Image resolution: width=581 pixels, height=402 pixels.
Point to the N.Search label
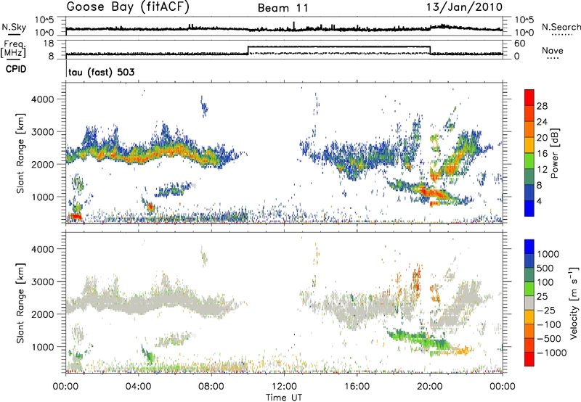pyautogui.click(x=558, y=27)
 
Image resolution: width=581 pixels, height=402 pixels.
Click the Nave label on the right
pyautogui.click(x=553, y=51)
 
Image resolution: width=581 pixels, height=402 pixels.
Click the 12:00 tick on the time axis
pyautogui.click(x=284, y=385)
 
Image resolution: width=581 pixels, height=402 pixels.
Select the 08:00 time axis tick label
pyautogui.click(x=211, y=385)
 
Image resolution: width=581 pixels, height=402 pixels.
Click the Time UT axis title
pyautogui.click(x=284, y=395)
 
